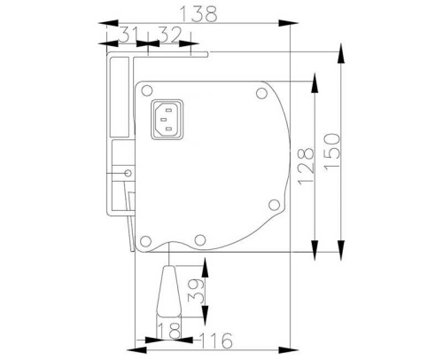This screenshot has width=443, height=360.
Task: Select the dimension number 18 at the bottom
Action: pyautogui.click(x=165, y=331)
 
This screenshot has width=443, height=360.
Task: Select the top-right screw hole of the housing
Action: pyautogui.click(x=260, y=92)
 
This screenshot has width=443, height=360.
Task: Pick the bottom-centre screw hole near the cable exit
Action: pyautogui.click(x=201, y=239)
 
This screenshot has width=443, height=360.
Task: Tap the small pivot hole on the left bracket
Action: pyautogui.click(x=129, y=172)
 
